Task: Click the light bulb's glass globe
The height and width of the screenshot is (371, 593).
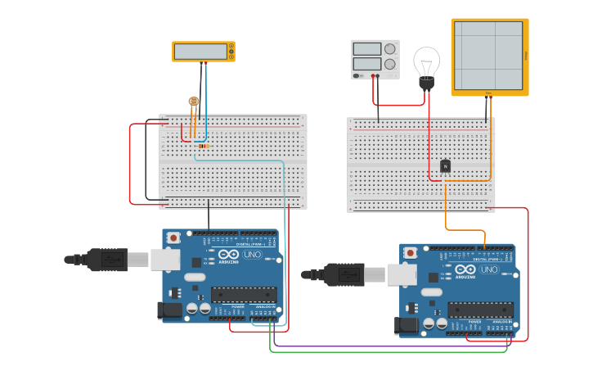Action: [x=426, y=61]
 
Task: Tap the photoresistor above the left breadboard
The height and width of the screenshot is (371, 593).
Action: [x=194, y=102]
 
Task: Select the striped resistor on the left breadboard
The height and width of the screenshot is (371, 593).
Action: [x=202, y=147]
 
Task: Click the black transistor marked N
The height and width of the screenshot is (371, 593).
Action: [x=445, y=166]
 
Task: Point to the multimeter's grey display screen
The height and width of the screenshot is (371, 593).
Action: [x=200, y=51]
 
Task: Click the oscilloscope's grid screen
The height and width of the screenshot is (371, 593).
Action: [x=488, y=55]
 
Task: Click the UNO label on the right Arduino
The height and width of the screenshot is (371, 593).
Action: [x=489, y=269]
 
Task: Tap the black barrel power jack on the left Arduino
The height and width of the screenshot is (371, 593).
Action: [x=168, y=310]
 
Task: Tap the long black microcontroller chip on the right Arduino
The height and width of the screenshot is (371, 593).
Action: [x=480, y=310]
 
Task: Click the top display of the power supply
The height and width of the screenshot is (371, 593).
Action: [x=366, y=49]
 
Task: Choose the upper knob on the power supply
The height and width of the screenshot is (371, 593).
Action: [x=390, y=49]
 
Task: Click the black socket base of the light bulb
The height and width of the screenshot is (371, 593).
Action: [x=426, y=83]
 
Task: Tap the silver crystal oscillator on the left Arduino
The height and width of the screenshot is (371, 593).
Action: [x=195, y=277]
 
